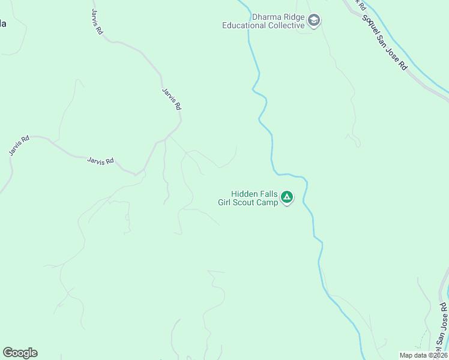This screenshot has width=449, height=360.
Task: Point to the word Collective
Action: [285, 25]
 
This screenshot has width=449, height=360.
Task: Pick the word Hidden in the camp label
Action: [244, 194]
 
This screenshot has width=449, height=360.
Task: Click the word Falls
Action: [268, 194]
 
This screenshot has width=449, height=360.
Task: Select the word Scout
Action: [247, 202]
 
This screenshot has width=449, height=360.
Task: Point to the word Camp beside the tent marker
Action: [268, 202]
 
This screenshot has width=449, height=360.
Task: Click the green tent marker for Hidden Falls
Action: [288, 197]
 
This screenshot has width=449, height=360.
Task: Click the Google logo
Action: [20, 353]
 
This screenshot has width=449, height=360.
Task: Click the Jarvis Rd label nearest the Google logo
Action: [19, 146]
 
